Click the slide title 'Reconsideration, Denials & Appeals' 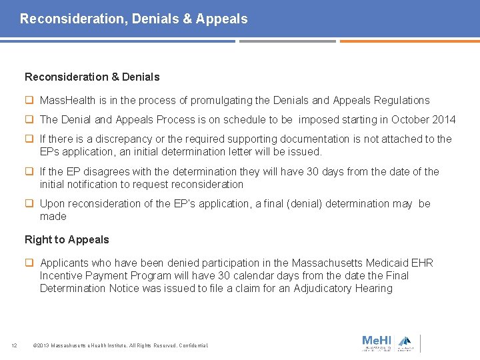pos(133,19)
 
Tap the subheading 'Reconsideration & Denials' pos(92,77)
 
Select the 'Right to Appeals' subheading pos(67,239)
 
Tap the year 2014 pos(443,120)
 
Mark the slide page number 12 pos(14,345)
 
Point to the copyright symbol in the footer pos(35,345)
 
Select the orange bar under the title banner pos(409,41)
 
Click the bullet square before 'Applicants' pos(30,263)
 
